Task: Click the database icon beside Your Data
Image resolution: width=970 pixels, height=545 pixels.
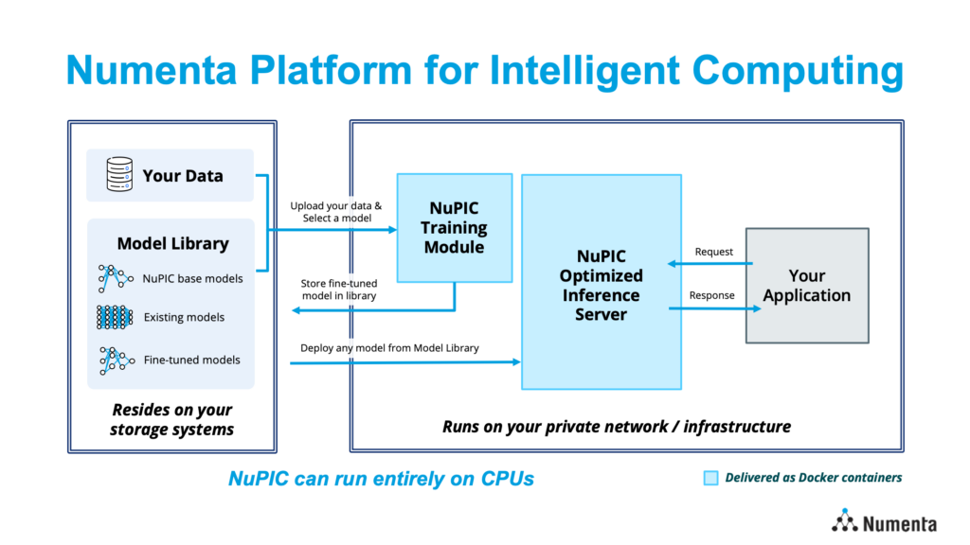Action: pyautogui.click(x=119, y=174)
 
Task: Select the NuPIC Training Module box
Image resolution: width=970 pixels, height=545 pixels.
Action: pyautogui.click(x=455, y=228)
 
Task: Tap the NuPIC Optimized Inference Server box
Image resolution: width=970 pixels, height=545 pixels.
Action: pyautogui.click(x=602, y=282)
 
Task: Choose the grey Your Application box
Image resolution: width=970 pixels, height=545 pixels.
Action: pyautogui.click(x=807, y=286)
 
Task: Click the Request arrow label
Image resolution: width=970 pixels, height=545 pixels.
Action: pyautogui.click(x=714, y=252)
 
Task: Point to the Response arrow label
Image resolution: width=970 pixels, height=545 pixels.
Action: pyautogui.click(x=712, y=295)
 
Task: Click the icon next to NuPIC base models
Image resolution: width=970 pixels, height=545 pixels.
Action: pyautogui.click(x=115, y=279)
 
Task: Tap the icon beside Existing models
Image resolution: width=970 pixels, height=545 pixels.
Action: pyautogui.click(x=115, y=317)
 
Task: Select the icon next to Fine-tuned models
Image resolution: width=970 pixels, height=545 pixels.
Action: pyautogui.click(x=117, y=360)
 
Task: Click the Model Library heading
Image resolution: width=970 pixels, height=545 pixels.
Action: pyautogui.click(x=173, y=243)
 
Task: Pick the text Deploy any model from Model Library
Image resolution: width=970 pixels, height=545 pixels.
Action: pyautogui.click(x=389, y=348)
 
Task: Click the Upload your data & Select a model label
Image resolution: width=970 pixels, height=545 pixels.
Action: pyautogui.click(x=336, y=212)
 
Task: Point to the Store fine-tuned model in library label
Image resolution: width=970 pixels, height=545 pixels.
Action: pyautogui.click(x=339, y=290)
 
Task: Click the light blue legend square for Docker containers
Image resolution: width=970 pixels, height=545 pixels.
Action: pyautogui.click(x=710, y=478)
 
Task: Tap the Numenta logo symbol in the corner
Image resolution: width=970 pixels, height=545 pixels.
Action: pyautogui.click(x=844, y=521)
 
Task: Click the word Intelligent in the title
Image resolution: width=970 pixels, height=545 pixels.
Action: pyautogui.click(x=584, y=69)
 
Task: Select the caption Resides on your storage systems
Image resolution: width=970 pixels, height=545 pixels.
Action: pyautogui.click(x=172, y=419)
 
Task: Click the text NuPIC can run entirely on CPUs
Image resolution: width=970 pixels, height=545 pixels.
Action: pyautogui.click(x=381, y=478)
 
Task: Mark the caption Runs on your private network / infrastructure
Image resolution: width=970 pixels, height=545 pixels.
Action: pyautogui.click(x=617, y=427)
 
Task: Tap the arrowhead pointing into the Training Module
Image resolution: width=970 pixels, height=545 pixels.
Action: pyautogui.click(x=392, y=230)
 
